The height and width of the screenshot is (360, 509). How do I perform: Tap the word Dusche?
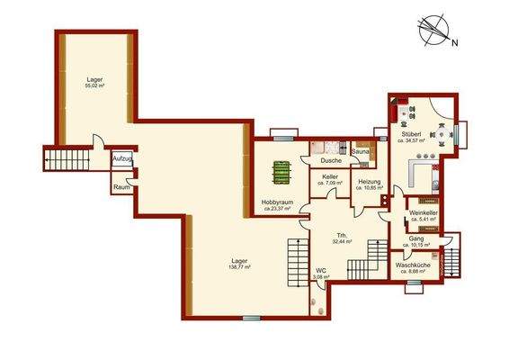click(331, 160)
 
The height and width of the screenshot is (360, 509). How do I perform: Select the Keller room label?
click(330, 176)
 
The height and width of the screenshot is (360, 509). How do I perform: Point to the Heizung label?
click(371, 182)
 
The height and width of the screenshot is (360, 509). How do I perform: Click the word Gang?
click(416, 238)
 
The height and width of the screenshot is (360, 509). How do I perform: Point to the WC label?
click(320, 268)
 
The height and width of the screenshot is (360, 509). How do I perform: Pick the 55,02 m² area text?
click(95, 86)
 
